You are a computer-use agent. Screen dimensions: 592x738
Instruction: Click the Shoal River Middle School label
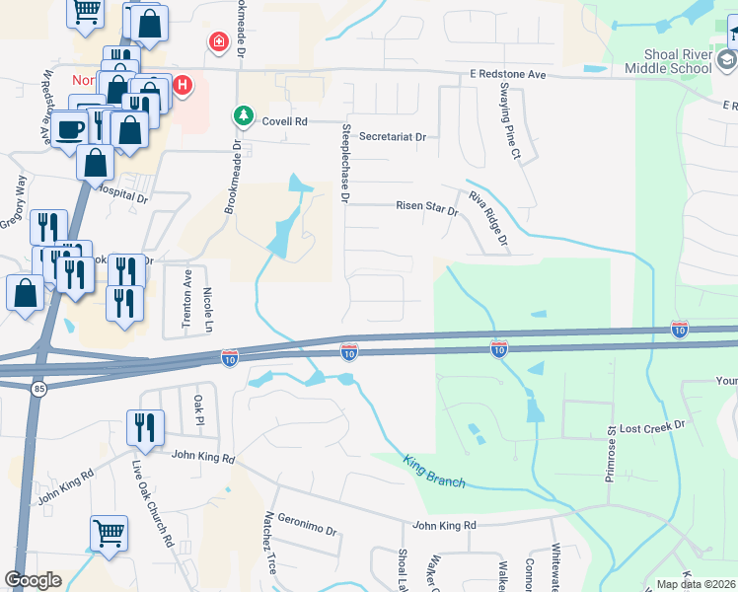(667, 60)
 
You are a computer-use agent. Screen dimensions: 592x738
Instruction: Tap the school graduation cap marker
(727, 61)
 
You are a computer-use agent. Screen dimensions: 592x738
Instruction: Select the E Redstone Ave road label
(507, 74)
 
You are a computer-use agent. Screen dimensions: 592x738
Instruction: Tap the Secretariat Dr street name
(392, 136)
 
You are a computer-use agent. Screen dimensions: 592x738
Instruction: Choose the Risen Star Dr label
(427, 210)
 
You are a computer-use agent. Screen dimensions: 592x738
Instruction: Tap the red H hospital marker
(183, 86)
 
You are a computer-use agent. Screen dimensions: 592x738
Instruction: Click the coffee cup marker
(69, 128)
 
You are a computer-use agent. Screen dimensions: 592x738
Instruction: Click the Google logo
(34, 580)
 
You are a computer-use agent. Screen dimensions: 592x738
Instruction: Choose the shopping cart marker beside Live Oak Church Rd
(109, 532)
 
